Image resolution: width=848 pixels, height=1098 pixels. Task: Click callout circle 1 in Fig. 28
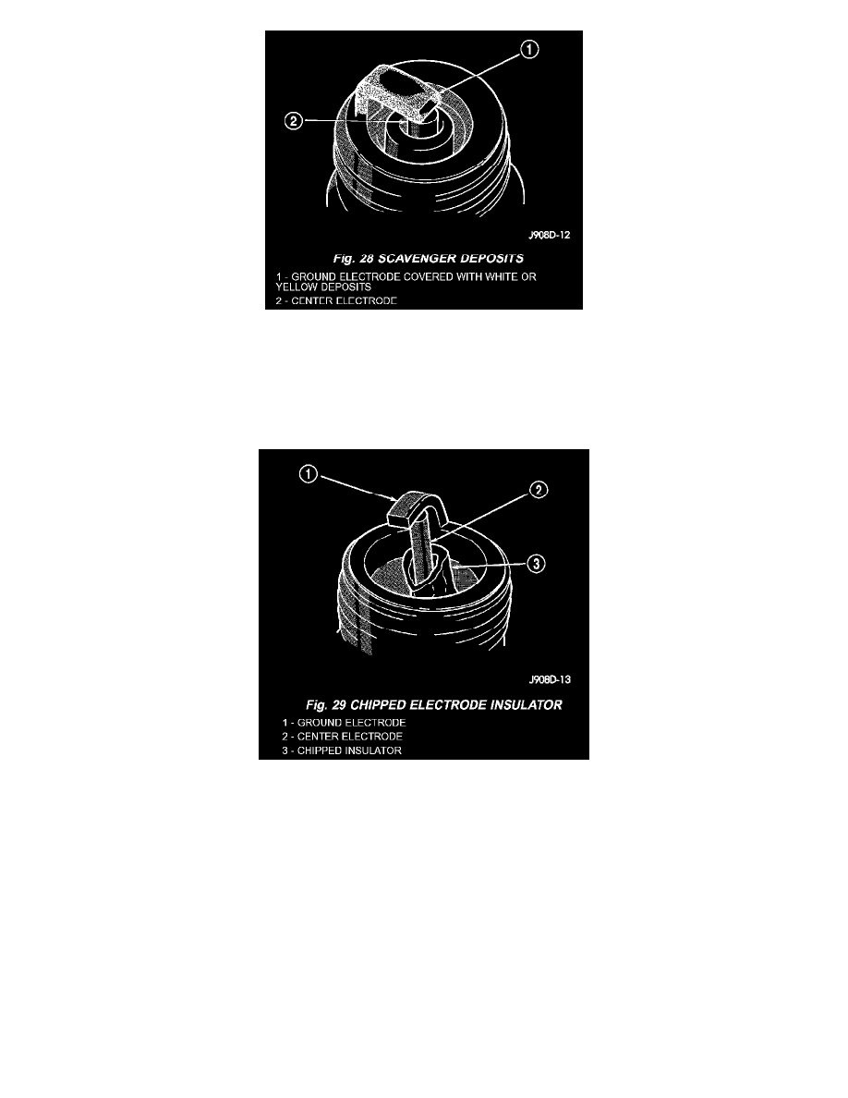pyautogui.click(x=529, y=50)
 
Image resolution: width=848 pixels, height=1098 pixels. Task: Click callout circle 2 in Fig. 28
pyautogui.click(x=293, y=121)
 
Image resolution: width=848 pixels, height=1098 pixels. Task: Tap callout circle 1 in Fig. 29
pyautogui.click(x=309, y=474)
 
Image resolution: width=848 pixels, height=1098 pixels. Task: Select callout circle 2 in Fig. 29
pyautogui.click(x=538, y=490)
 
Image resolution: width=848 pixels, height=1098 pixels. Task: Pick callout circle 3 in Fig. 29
pyautogui.click(x=536, y=564)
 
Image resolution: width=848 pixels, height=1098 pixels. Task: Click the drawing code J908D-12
pyautogui.click(x=550, y=235)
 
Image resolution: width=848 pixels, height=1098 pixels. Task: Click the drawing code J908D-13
pyautogui.click(x=550, y=679)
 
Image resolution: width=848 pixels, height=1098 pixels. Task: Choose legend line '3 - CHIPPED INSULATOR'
pyautogui.click(x=342, y=750)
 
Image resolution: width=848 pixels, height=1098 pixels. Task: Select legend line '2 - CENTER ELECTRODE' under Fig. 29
pyautogui.click(x=342, y=737)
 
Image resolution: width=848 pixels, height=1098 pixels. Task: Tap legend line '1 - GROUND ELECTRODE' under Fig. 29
pyautogui.click(x=345, y=723)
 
